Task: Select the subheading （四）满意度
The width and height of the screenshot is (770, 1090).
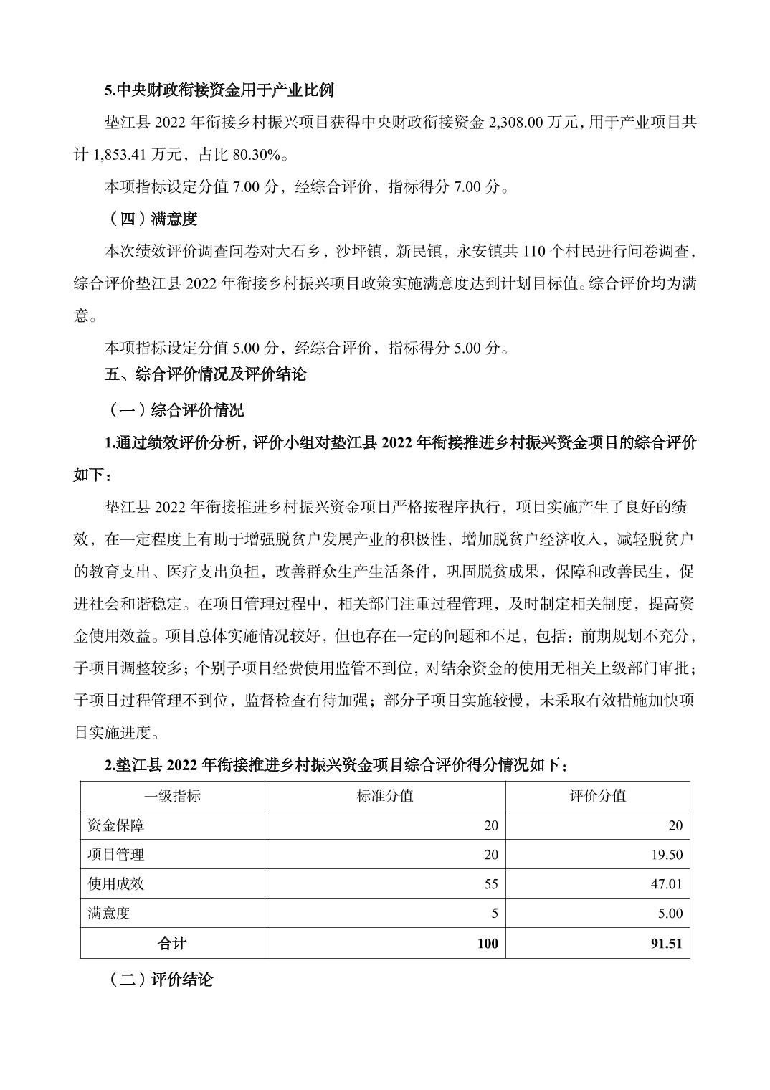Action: (x=151, y=219)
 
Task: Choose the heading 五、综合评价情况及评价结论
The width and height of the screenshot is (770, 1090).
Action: (x=205, y=374)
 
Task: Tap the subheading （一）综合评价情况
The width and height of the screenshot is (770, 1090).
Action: (x=174, y=410)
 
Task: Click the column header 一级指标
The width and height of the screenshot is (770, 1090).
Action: (x=172, y=796)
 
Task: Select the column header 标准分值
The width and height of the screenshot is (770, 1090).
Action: (x=385, y=796)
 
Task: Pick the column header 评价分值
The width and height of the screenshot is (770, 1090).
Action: (x=597, y=796)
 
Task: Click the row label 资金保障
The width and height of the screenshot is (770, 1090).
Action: (x=116, y=825)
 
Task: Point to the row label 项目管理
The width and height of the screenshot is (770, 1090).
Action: (x=116, y=855)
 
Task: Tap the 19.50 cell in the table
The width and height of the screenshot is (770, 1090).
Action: (x=666, y=855)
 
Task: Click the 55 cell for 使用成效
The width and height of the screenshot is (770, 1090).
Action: (x=490, y=884)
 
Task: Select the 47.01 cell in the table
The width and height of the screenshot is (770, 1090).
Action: (x=666, y=884)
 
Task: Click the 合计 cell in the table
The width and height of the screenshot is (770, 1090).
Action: (x=172, y=944)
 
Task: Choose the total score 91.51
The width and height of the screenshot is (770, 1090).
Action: (x=666, y=944)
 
